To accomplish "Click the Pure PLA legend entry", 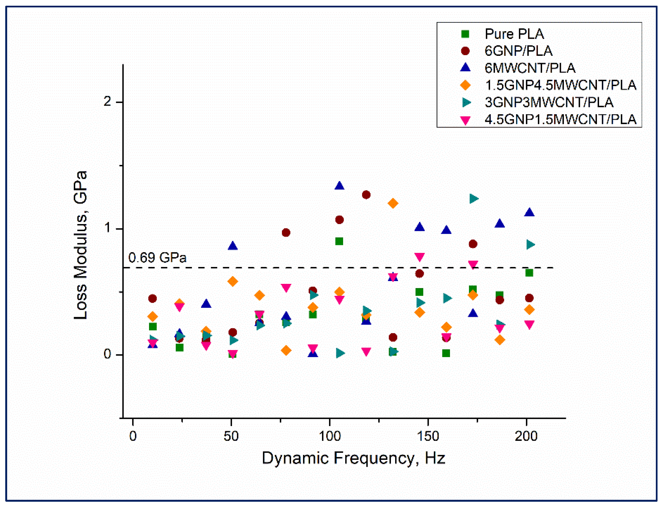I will point(514,34).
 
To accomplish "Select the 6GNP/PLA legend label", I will point(518,51).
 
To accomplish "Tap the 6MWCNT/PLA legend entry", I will point(530,68).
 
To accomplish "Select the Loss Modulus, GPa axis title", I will point(81,245).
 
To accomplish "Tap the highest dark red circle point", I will point(366,195).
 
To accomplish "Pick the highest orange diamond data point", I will point(393,203).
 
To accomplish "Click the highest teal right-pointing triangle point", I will point(474,198).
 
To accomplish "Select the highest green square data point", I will point(339,241).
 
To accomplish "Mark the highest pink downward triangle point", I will point(420,257).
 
